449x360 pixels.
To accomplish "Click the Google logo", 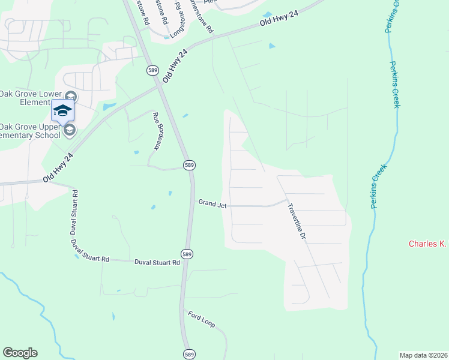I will coord(20,353).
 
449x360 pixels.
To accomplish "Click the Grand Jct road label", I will coord(212,205).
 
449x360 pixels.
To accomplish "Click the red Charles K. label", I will coord(428,244).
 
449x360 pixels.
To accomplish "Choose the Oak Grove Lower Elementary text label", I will coord(29,98).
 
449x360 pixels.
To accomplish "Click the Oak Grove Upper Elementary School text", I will coord(30,130).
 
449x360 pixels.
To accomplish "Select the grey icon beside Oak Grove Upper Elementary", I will coord(70,130).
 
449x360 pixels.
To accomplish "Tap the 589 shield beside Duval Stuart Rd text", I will coord(188,254).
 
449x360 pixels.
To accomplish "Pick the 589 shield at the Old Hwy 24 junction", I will coord(152,70).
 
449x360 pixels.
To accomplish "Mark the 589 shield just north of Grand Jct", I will coord(188,165).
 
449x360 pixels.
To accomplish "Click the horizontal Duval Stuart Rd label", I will coord(157,262).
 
